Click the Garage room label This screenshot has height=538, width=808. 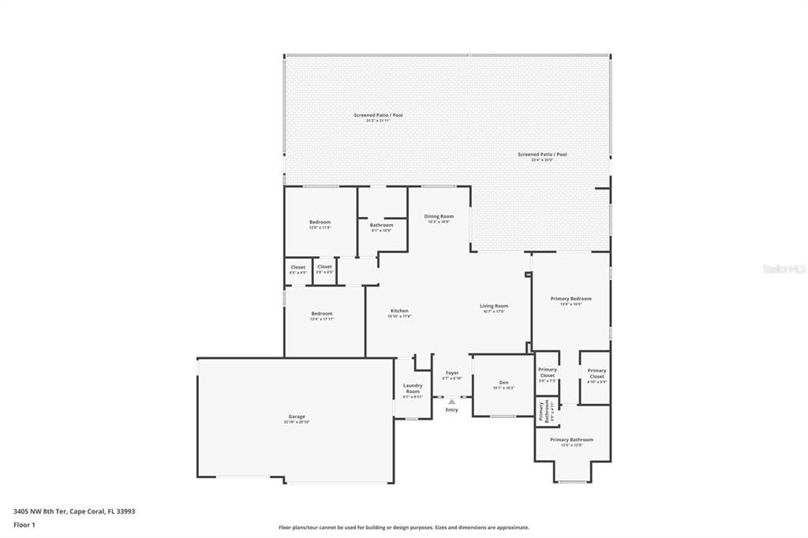pyautogui.click(x=297, y=417)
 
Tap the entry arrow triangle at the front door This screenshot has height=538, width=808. pyautogui.click(x=451, y=402)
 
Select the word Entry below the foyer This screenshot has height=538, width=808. pyautogui.click(x=451, y=409)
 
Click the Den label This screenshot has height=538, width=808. pyautogui.click(x=503, y=383)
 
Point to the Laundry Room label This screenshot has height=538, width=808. pyautogui.click(x=413, y=389)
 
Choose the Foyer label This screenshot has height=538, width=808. pyautogui.click(x=451, y=373)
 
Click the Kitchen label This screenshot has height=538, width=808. pyautogui.click(x=399, y=311)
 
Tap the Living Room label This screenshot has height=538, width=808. pyautogui.click(x=495, y=306)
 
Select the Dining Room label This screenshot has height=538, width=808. pyautogui.click(x=439, y=216)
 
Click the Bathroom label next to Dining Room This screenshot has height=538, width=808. pyautogui.click(x=381, y=225)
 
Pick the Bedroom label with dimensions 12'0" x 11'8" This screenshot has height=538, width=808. pyautogui.click(x=320, y=222)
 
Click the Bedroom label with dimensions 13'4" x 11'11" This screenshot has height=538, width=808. pyautogui.click(x=322, y=314)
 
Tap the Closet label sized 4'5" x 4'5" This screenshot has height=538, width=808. pyautogui.click(x=297, y=267)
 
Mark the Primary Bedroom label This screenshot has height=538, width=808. pyautogui.click(x=570, y=299)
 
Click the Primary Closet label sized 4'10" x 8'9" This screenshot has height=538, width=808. pyautogui.click(x=597, y=373)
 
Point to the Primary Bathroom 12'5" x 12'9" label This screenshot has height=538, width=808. pyautogui.click(x=571, y=439)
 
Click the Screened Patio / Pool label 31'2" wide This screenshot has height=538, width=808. pyautogui.click(x=378, y=115)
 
